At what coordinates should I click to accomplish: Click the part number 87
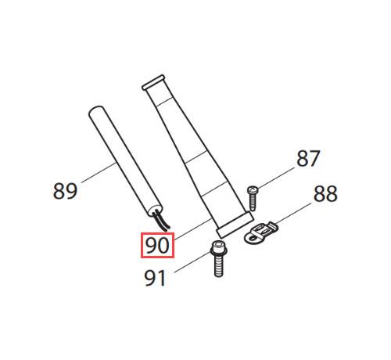(308, 158)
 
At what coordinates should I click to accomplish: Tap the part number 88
(325, 194)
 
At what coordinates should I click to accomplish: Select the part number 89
(65, 191)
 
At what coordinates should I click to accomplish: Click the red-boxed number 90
(157, 245)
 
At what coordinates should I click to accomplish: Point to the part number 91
(155, 278)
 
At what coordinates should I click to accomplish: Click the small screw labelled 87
(253, 198)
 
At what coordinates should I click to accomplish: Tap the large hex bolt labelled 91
(219, 259)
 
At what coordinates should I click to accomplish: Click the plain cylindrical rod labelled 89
(125, 161)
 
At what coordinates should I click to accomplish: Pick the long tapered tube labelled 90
(197, 157)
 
